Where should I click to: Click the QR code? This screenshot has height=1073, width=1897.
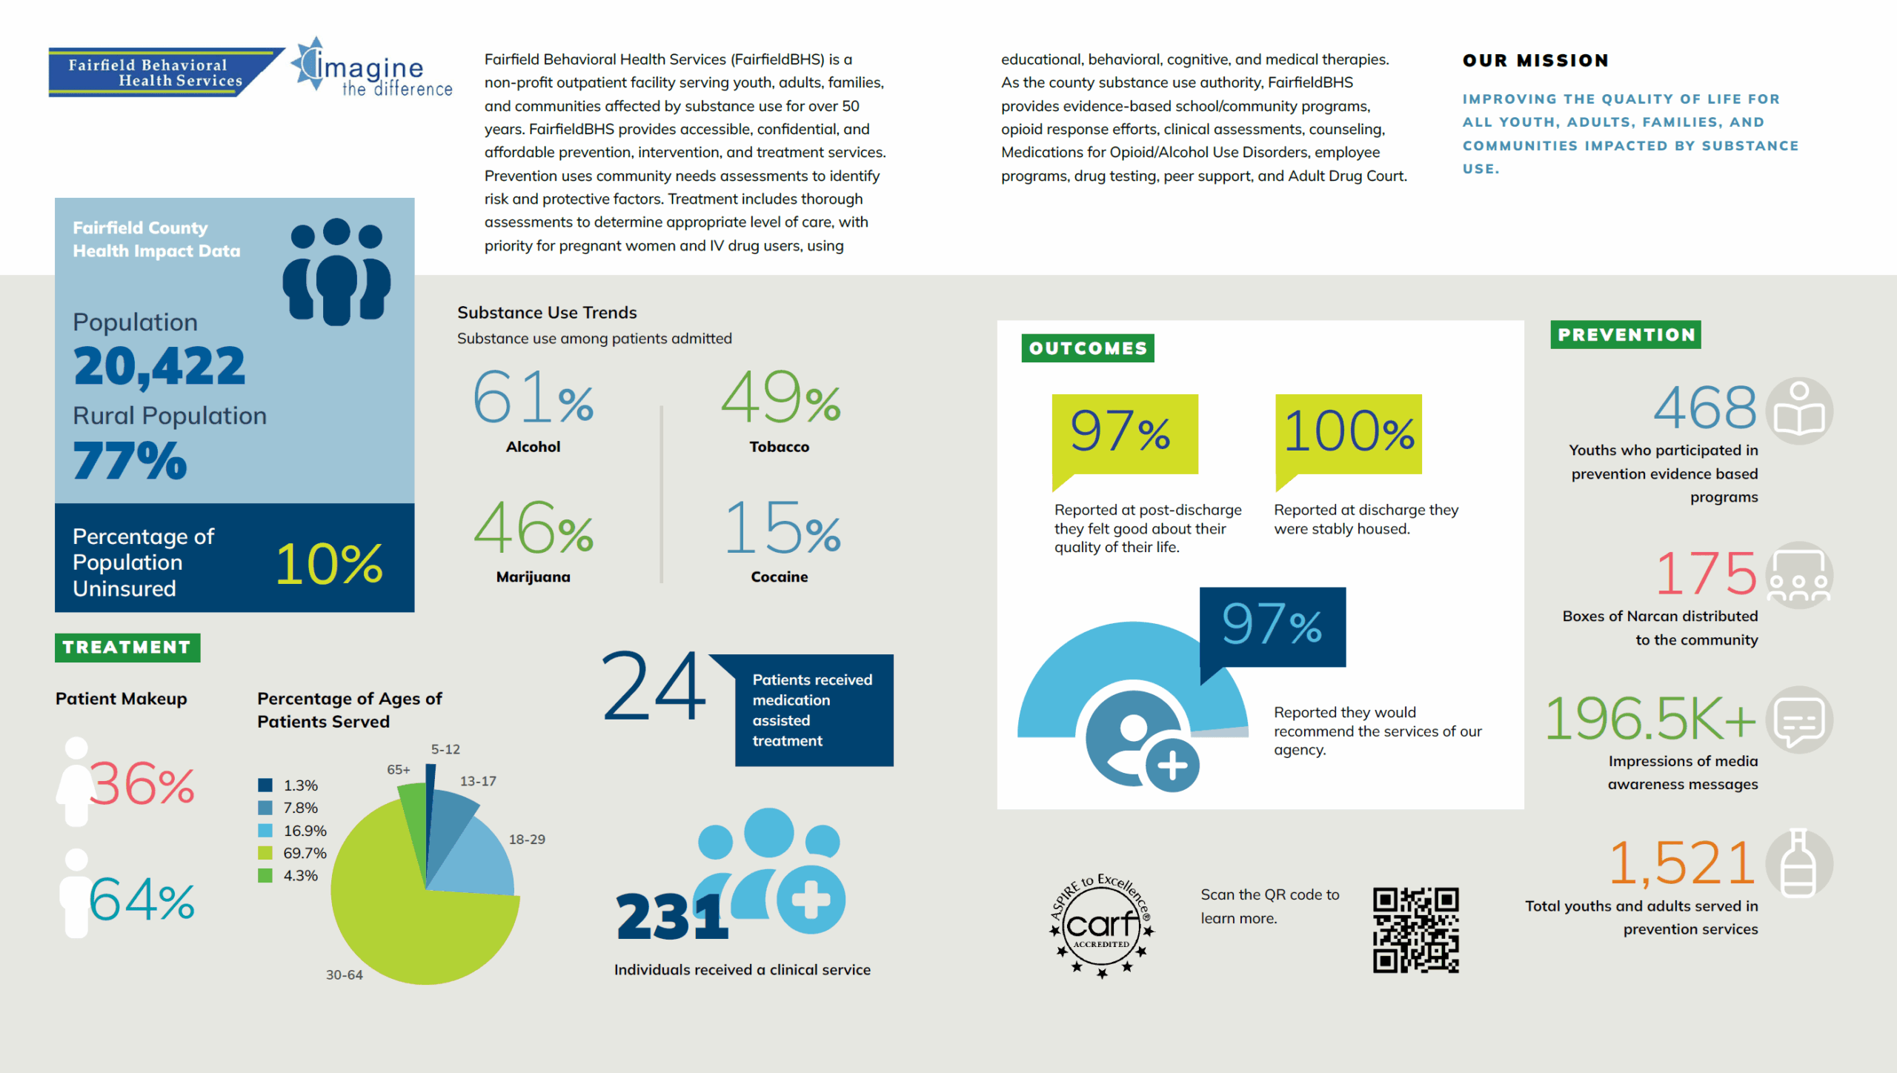(x=1415, y=929)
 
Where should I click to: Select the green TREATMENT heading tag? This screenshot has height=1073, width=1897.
(x=127, y=647)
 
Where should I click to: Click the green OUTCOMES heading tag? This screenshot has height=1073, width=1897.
(x=1087, y=348)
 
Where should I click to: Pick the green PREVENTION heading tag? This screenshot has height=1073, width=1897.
(x=1626, y=334)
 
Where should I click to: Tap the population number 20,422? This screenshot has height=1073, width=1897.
(x=159, y=366)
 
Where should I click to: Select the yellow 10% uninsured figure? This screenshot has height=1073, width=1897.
(x=330, y=564)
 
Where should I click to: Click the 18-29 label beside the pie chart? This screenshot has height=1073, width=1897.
(x=527, y=839)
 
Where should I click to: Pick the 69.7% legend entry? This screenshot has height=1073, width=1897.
(x=293, y=853)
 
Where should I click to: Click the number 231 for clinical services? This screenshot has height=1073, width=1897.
(x=672, y=917)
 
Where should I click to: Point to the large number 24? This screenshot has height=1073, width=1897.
(x=654, y=685)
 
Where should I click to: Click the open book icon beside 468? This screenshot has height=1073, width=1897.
(x=1799, y=411)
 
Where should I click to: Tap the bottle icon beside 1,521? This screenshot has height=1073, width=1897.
(x=1799, y=863)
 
